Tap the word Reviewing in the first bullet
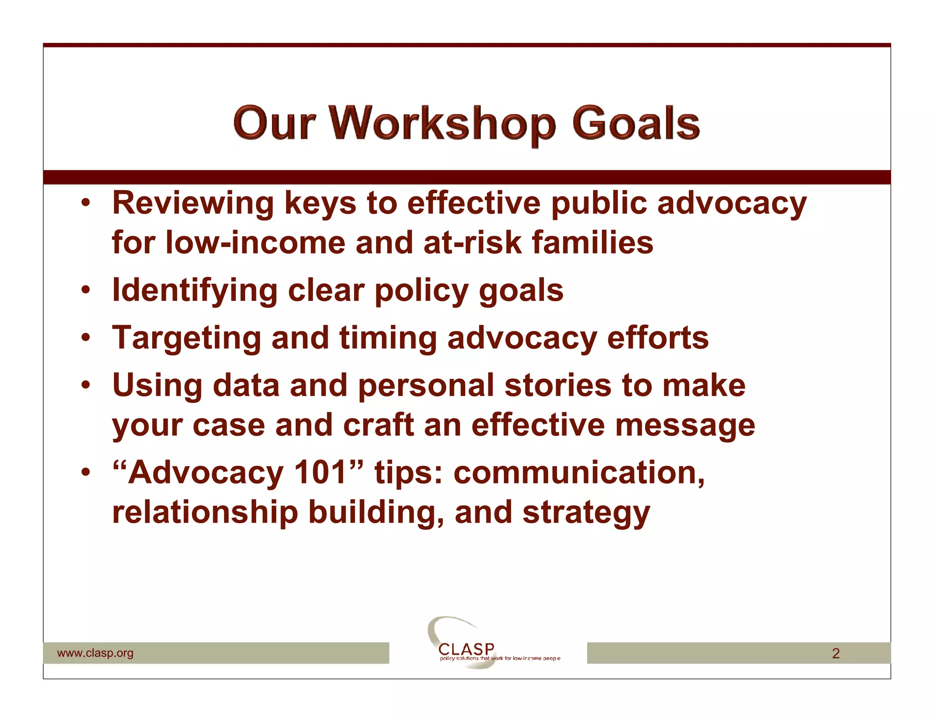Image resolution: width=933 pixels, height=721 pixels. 193,203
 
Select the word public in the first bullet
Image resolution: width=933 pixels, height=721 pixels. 599,204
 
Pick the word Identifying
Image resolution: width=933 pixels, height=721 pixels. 195,291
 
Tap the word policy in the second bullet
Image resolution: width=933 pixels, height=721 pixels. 421,291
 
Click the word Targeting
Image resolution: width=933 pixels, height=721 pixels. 186,338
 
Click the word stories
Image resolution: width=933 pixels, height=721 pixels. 558,386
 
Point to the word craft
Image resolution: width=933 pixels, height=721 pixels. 378,425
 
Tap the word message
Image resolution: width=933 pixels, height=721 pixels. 685,426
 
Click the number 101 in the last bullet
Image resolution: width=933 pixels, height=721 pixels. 320,473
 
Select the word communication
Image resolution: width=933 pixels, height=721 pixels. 579,473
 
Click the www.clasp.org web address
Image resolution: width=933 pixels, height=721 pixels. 95,653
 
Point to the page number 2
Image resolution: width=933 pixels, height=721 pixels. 836,654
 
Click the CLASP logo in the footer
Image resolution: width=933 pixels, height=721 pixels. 466,649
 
